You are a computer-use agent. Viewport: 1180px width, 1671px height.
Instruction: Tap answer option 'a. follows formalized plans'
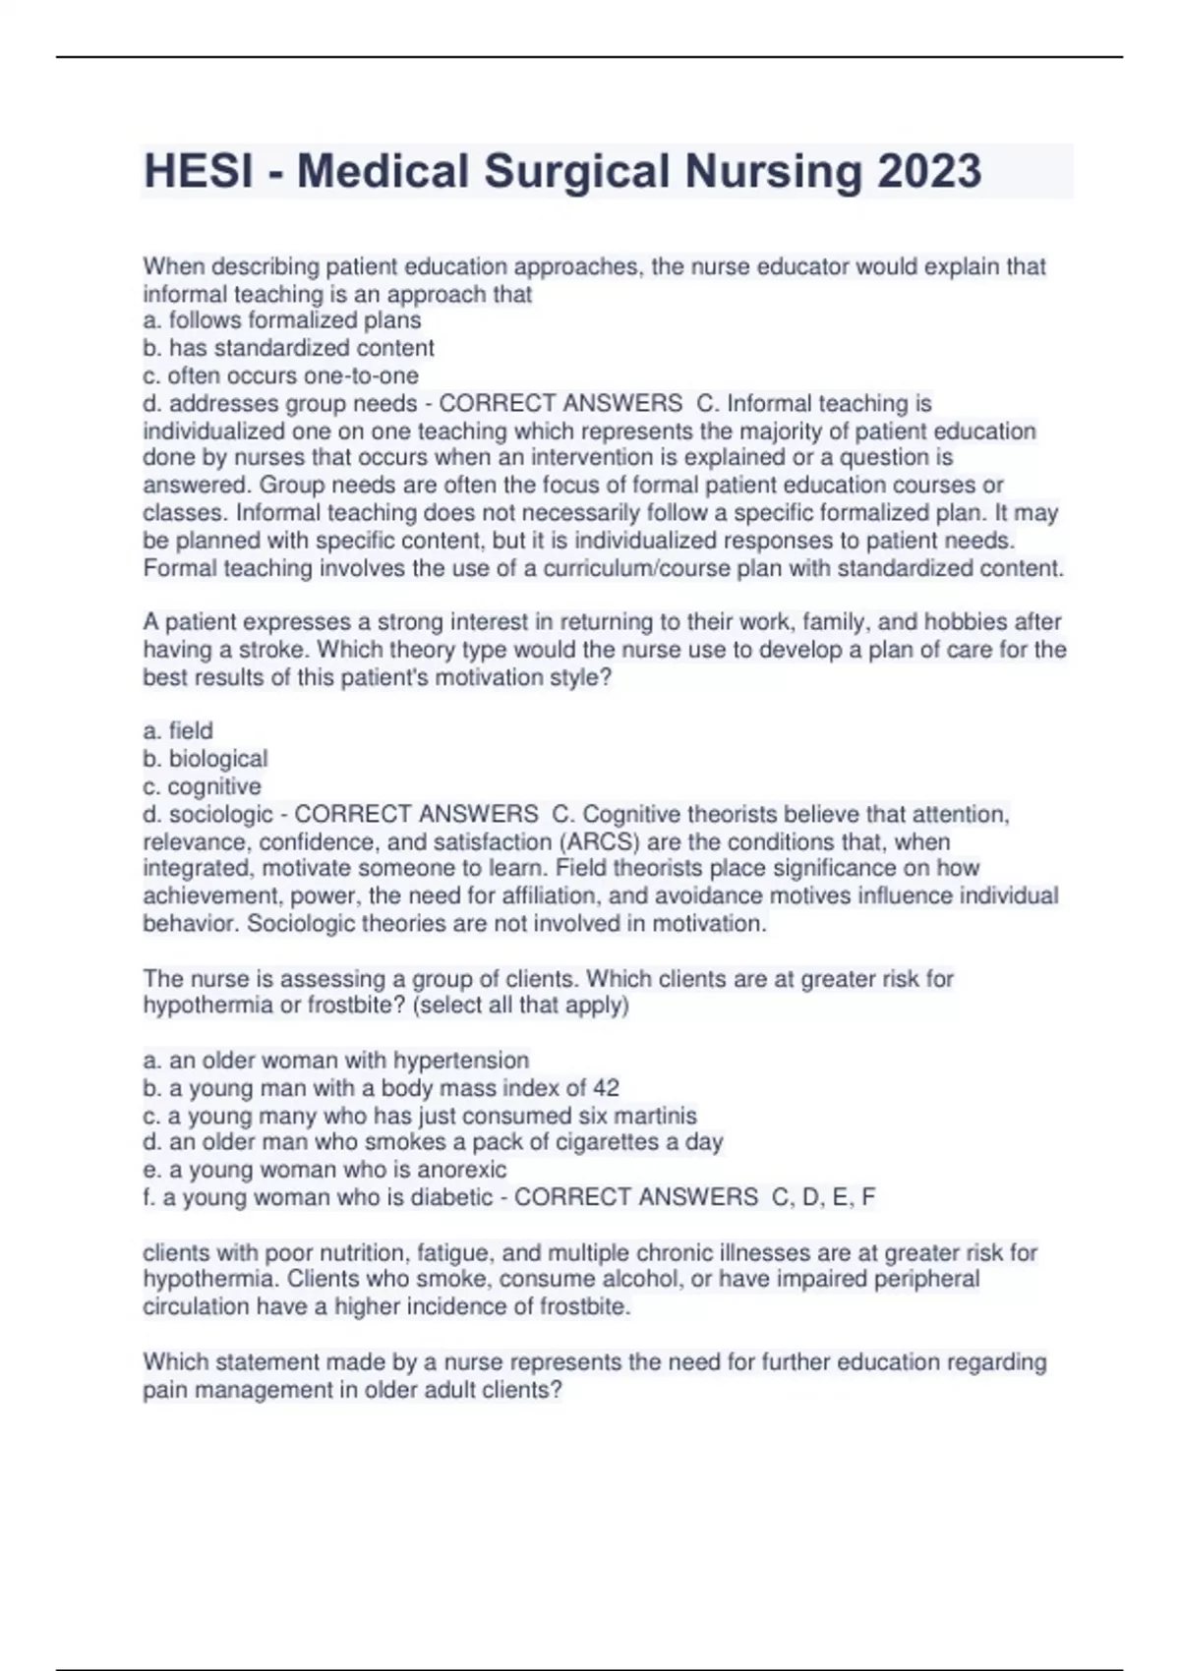pos(282,320)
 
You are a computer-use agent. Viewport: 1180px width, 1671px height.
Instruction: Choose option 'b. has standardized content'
pos(288,348)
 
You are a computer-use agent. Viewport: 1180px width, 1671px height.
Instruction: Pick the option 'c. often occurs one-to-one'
pos(280,375)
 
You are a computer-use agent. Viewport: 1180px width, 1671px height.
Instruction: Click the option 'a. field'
pos(178,730)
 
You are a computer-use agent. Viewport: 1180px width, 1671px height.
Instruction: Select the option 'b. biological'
pos(205,759)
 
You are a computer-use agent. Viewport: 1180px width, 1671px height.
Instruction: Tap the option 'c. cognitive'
pos(202,786)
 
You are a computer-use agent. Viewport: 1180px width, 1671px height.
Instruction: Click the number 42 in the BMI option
pos(606,1088)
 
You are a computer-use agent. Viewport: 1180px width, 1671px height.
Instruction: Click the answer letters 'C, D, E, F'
pos(823,1197)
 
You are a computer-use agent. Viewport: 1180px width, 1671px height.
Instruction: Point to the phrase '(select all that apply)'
pos(522,1006)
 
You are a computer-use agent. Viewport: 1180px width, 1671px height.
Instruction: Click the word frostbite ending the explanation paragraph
pos(584,1307)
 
